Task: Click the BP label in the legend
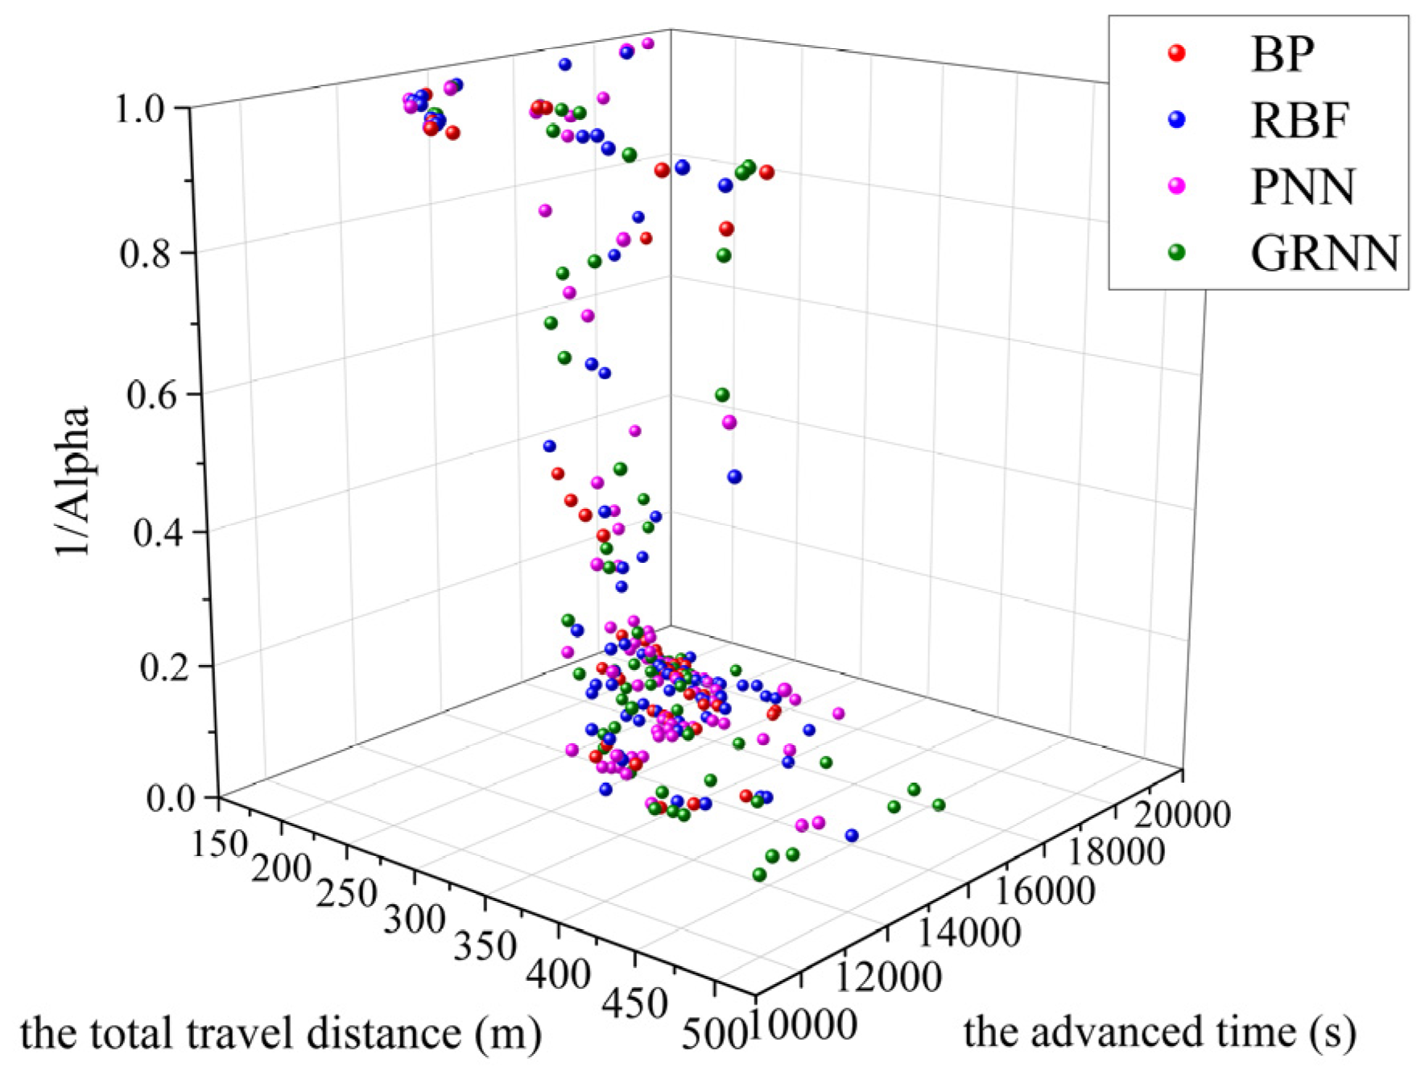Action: coord(1282,55)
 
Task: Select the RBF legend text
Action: coord(1299,121)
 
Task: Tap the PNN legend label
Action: coord(1303,187)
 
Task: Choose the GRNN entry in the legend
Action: coord(1324,253)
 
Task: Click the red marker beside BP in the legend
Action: coord(1176,53)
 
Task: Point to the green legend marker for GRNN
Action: coord(1176,252)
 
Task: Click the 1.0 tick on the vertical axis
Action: coord(142,109)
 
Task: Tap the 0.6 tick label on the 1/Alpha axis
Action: coord(152,395)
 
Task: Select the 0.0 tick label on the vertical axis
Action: coord(171,798)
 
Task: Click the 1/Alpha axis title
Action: coord(72,482)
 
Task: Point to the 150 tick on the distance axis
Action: coord(219,844)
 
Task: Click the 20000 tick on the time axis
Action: coord(1182,815)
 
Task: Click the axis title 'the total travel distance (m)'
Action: coord(280,1034)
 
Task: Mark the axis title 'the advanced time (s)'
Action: coord(1159,1032)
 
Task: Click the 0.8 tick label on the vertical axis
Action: coord(146,254)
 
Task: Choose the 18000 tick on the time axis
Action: coord(1114,852)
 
